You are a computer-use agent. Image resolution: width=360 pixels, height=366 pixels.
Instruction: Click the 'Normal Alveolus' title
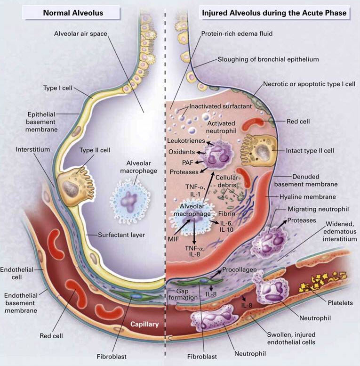click(73, 13)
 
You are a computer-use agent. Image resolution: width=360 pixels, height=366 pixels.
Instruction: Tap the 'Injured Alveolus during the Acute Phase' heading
click(274, 13)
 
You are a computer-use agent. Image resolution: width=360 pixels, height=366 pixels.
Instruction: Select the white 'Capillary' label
click(144, 324)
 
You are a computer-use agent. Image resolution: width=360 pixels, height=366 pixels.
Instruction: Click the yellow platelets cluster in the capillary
click(323, 283)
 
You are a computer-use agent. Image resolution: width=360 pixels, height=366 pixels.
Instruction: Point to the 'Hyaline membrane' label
click(308, 197)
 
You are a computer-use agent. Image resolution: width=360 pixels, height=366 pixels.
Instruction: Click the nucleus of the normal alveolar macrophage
click(128, 201)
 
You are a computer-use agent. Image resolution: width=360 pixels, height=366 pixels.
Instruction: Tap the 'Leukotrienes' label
click(186, 141)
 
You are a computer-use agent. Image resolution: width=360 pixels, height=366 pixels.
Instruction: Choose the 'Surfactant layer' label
click(121, 235)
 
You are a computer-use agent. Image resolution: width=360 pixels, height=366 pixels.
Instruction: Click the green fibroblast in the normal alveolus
click(135, 296)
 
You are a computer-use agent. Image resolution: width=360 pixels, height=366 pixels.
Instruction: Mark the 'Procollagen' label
click(240, 269)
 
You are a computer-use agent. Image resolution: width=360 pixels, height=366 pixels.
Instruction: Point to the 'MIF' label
click(174, 239)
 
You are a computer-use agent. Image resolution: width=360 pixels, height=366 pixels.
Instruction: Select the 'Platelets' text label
click(340, 303)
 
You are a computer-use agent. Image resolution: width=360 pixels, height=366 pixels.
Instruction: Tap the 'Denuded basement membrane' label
click(306, 180)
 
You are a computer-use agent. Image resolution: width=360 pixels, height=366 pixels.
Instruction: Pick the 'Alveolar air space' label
click(80, 33)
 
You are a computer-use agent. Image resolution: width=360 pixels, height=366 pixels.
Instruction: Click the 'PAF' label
click(188, 163)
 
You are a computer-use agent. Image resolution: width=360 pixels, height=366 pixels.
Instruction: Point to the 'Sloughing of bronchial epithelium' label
click(268, 59)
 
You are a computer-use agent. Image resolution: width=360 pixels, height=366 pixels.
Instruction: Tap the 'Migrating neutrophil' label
click(318, 209)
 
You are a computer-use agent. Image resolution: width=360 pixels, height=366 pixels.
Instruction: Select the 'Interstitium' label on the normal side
click(33, 149)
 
